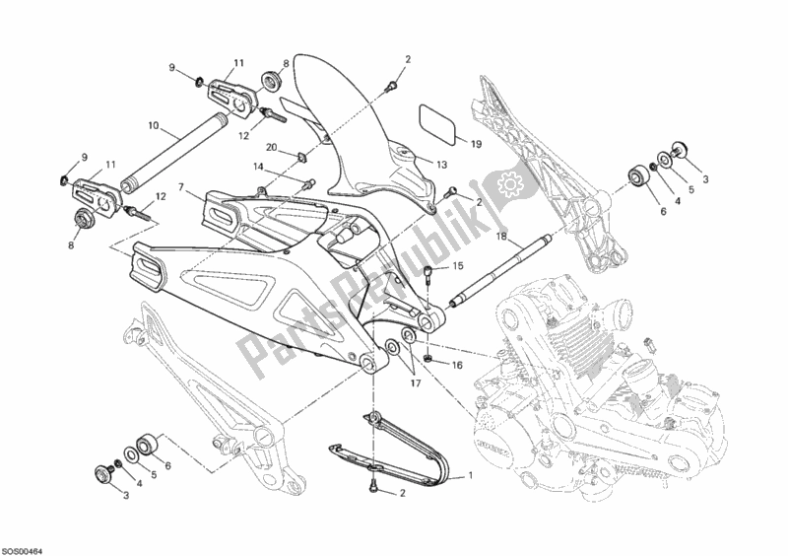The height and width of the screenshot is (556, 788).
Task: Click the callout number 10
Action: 154,126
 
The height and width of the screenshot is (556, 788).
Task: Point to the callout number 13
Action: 440,165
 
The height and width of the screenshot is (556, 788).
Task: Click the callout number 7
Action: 182,186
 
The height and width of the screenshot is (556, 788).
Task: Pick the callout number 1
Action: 469,476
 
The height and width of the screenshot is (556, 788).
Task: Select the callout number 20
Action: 271,148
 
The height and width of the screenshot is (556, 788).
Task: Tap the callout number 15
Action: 457,267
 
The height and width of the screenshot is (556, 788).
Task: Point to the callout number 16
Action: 457,365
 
